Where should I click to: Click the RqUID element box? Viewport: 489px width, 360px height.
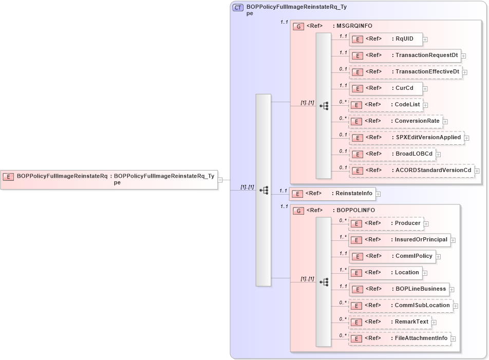(x=385, y=39)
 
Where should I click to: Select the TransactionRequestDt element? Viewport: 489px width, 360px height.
(x=405, y=55)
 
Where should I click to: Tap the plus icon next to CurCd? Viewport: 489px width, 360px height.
(x=425, y=88)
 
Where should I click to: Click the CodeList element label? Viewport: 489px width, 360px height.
(x=407, y=105)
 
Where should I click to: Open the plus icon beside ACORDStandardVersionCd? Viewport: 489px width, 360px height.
(x=477, y=170)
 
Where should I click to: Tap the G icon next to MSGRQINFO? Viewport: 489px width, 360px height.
(x=298, y=26)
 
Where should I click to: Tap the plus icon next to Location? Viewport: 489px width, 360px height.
(x=425, y=273)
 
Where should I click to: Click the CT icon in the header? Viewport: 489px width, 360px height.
(x=238, y=8)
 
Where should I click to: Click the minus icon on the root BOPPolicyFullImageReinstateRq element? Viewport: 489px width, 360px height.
(x=220, y=180)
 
